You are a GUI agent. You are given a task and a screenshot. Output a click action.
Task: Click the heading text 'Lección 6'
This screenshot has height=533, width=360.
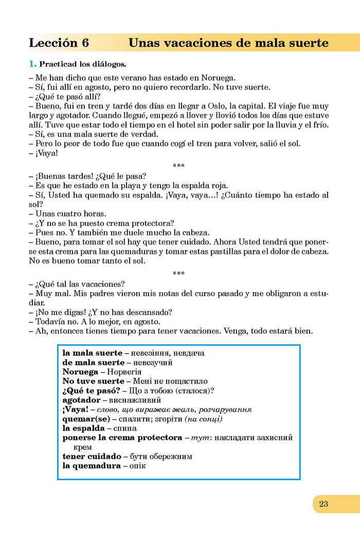point(59,43)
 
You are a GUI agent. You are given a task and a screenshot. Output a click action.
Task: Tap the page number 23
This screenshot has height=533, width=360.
point(323,504)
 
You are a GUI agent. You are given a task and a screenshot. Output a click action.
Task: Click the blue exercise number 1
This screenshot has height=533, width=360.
point(32,65)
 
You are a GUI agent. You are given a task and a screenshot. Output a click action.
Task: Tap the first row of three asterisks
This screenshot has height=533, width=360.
point(178,165)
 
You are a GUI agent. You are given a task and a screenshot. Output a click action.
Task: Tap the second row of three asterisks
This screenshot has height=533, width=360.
point(178,273)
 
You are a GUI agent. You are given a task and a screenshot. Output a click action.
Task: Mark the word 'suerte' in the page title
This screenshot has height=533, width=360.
point(305,43)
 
